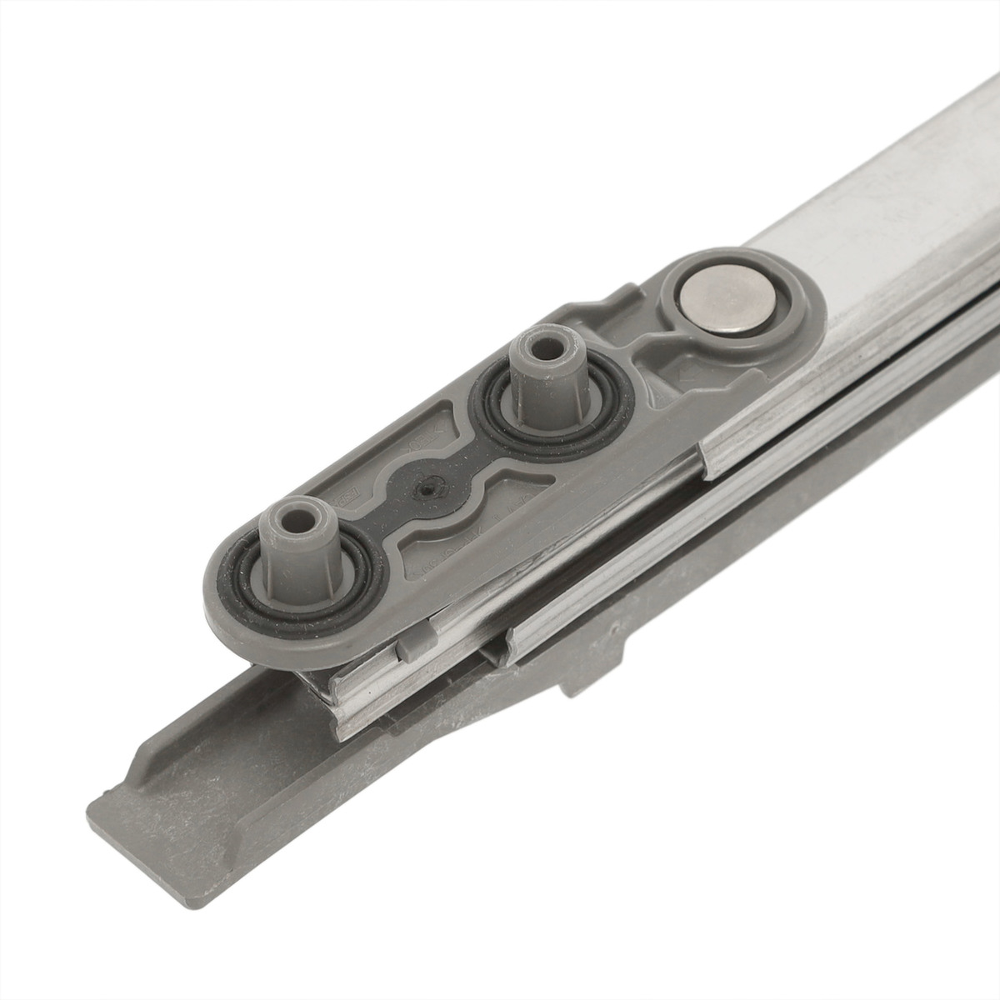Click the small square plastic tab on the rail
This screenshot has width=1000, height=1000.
pyautogui.click(x=410, y=645)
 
